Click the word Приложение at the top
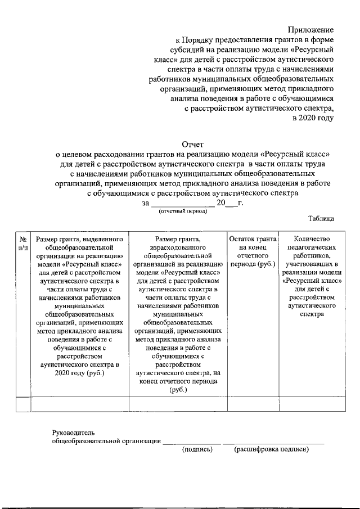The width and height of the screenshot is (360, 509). pos(311,29)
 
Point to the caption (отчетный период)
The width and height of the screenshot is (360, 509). pos(183,211)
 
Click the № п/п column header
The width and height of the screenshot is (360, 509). pos(23,242)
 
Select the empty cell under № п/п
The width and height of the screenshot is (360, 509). pos(23,404)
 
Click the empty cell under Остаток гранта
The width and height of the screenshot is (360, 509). pos(253,404)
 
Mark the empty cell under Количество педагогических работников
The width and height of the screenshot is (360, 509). pos(312,404)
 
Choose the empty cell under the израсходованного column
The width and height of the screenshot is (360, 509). pos(178,404)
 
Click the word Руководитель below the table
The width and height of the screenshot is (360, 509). pos(74,433)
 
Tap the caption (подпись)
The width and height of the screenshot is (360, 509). pos(197,449)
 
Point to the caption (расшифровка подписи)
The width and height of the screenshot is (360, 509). pos(272,449)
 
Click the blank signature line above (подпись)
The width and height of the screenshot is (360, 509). pos(192,443)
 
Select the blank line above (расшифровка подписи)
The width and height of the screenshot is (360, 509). pos(273,443)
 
